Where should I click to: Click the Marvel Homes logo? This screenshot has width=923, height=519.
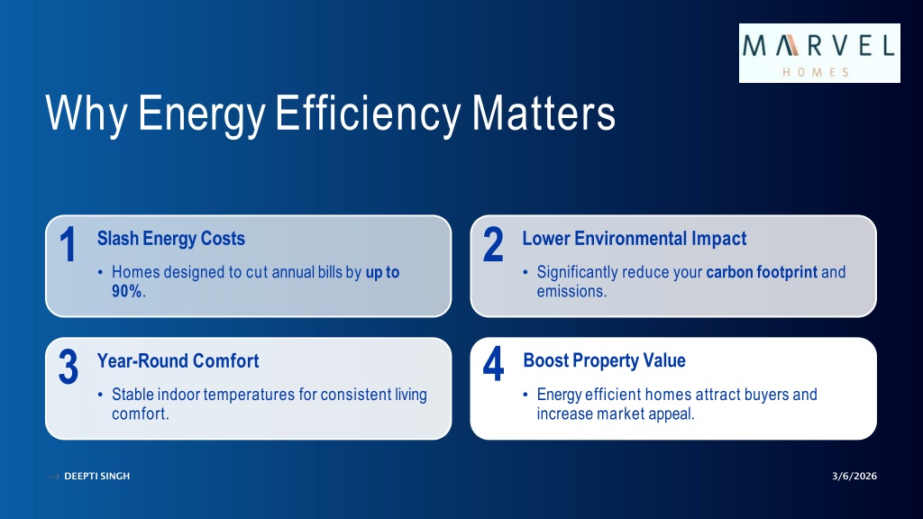tap(819, 53)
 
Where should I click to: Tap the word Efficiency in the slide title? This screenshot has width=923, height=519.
tap(368, 114)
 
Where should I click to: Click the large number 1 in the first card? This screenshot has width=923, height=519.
tap(69, 244)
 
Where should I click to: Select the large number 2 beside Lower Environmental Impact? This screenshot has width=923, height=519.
tap(493, 244)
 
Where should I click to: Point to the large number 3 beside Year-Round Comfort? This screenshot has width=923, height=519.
tap(69, 367)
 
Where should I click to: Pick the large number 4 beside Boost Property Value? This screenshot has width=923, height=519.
tap(493, 364)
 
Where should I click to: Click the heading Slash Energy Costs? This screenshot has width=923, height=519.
tap(170, 238)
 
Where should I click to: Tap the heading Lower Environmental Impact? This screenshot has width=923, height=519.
tap(634, 238)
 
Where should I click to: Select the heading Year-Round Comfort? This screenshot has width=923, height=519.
tap(178, 360)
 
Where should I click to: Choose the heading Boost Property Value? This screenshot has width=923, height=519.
tap(604, 360)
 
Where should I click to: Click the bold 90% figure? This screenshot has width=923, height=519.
tap(126, 291)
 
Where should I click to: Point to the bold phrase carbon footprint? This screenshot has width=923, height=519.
tap(762, 272)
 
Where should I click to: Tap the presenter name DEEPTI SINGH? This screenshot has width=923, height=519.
tap(97, 476)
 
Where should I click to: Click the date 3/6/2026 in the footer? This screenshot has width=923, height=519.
tap(854, 476)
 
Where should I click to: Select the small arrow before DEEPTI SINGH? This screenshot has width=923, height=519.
tap(53, 476)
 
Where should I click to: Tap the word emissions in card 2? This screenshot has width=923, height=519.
tap(571, 291)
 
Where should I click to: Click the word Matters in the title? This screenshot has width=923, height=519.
tap(544, 114)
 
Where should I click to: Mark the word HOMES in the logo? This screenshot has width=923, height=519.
tap(816, 72)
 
